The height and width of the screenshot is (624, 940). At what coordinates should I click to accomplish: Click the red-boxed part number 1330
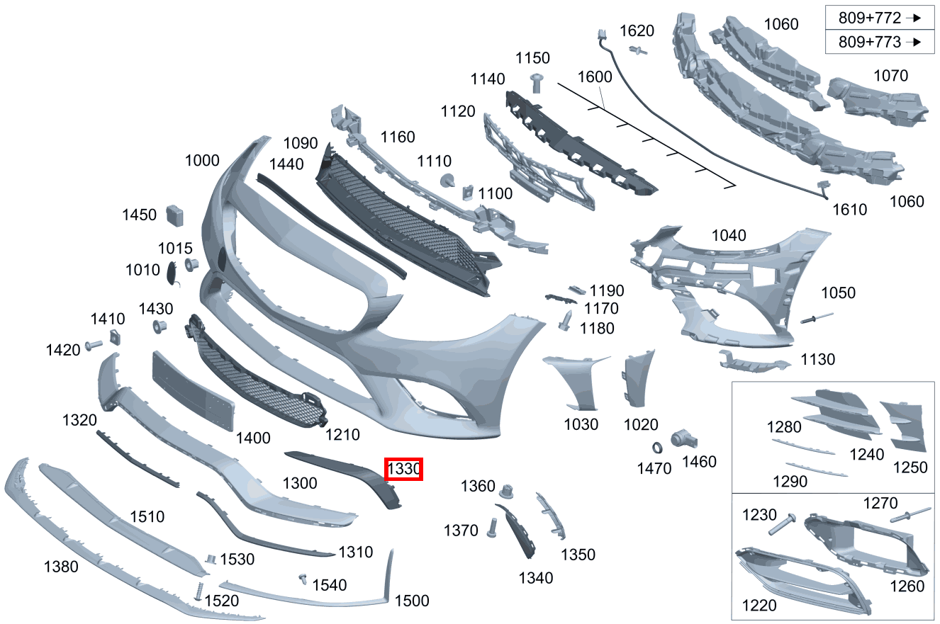403,469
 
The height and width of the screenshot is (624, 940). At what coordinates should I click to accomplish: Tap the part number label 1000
202,161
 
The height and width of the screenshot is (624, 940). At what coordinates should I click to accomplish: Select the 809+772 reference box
880,18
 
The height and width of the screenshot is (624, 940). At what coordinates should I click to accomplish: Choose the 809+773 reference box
880,42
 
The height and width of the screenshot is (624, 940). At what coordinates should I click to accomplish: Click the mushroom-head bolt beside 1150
537,84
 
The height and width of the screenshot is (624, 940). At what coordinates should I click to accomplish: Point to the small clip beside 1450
175,216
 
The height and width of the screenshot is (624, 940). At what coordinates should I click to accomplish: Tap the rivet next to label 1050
817,318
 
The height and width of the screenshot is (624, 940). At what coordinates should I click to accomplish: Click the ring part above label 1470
657,448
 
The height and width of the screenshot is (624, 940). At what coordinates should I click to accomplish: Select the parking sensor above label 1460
683,440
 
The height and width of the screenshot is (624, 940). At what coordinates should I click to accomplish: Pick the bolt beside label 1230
782,524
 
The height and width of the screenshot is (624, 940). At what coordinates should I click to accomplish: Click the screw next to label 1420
94,345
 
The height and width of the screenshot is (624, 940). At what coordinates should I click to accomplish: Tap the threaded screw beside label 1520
199,591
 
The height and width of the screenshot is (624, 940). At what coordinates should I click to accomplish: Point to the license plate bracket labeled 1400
193,391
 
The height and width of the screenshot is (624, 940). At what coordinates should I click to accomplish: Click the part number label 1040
729,236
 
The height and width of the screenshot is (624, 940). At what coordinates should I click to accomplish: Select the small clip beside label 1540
303,579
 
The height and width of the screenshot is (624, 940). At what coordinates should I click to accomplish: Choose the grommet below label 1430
160,327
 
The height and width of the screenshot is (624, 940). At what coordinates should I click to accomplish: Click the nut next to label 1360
507,492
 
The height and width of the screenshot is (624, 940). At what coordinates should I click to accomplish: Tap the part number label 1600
595,77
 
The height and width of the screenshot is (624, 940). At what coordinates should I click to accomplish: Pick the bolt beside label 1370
492,528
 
